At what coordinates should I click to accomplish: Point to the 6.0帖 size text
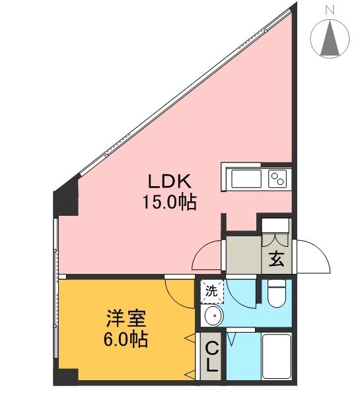click(126, 341)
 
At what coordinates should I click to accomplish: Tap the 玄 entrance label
click(275, 259)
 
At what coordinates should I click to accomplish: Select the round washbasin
click(213, 317)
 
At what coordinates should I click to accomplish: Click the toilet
click(276, 296)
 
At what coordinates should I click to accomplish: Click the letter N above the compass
click(329, 9)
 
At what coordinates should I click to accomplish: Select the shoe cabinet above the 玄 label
click(275, 226)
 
